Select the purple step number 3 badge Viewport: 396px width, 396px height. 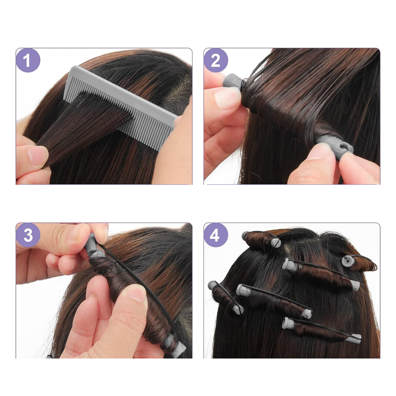(28, 235)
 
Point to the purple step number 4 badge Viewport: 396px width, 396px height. (216, 235)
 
